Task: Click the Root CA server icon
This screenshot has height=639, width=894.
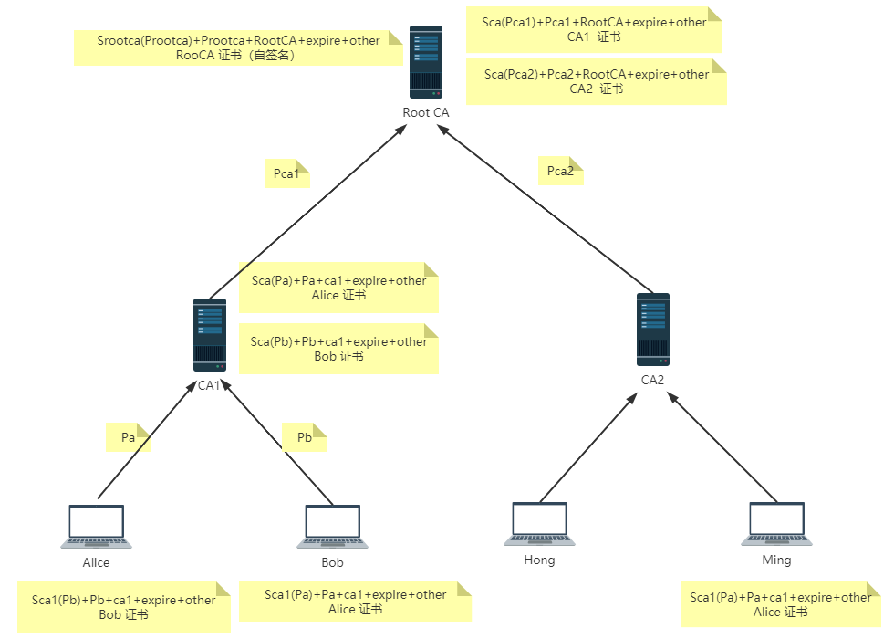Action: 426,62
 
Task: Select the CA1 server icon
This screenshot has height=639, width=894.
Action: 209,335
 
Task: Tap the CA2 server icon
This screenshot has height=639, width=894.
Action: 653,330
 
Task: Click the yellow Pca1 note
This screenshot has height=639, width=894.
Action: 287,173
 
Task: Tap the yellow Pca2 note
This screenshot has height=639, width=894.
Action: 560,171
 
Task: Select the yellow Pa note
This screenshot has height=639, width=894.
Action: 129,437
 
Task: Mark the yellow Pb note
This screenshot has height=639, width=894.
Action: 305,437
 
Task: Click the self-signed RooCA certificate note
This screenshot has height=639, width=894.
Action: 237,47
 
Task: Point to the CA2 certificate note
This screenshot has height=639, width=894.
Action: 596,81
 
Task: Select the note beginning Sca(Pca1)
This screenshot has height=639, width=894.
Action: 593,29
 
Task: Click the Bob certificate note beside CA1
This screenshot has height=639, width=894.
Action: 338,349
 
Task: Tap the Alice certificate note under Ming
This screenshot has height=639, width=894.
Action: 780,604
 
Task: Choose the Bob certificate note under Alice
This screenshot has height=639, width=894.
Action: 123,607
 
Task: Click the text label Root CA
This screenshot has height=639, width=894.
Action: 426,112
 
